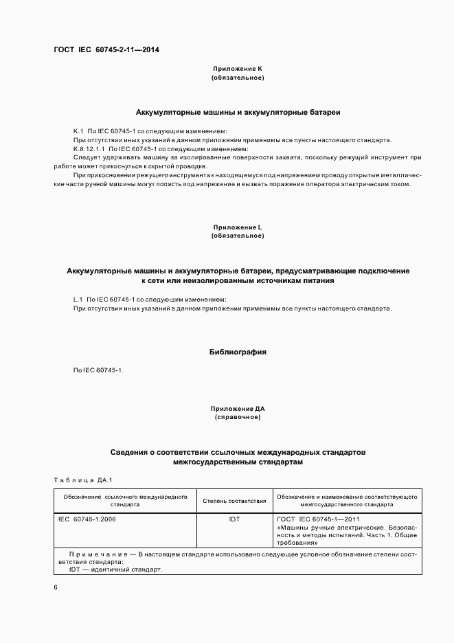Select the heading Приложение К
tap(238, 69)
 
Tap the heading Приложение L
tap(238, 227)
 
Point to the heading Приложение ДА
tap(238, 409)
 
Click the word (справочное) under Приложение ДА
tap(238, 417)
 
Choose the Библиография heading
tap(238, 352)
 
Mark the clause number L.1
tap(78, 300)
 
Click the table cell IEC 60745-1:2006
tap(87, 519)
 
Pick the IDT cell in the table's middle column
tap(234, 519)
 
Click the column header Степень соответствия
tap(234, 500)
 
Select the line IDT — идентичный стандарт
tap(115, 569)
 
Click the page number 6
tap(56, 587)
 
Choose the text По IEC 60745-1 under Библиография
tap(98, 371)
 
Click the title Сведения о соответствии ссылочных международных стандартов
tap(238, 453)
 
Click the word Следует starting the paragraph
tap(84, 157)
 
